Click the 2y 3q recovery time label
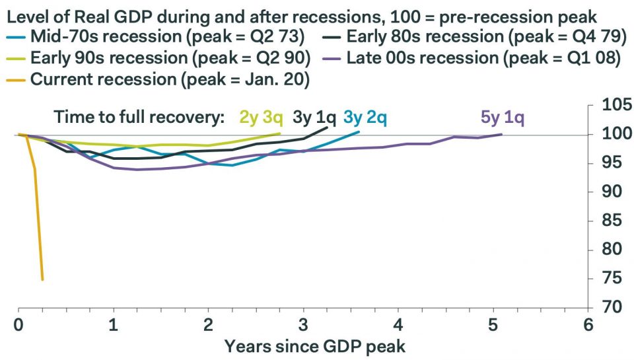pos(262,118)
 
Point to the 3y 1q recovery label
pos(314,118)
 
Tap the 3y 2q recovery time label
pos(365,118)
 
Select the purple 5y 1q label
pos(503,118)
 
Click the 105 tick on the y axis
pos(616,105)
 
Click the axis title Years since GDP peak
pos(314,345)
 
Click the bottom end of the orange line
pos(43,279)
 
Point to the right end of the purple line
pos(501,134)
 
